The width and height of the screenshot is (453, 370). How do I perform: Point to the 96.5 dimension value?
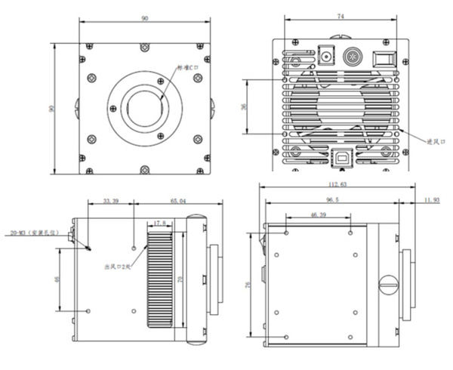tap(331, 201)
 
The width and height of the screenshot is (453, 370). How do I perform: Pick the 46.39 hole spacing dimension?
tap(319, 216)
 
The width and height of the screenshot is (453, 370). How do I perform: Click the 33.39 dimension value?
tap(111, 202)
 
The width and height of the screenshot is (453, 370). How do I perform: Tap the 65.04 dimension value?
tap(179, 202)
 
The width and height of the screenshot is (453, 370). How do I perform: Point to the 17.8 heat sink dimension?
tap(159, 224)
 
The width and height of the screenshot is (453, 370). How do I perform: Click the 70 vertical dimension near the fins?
tap(180, 279)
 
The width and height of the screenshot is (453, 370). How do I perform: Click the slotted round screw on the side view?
tap(389, 284)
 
